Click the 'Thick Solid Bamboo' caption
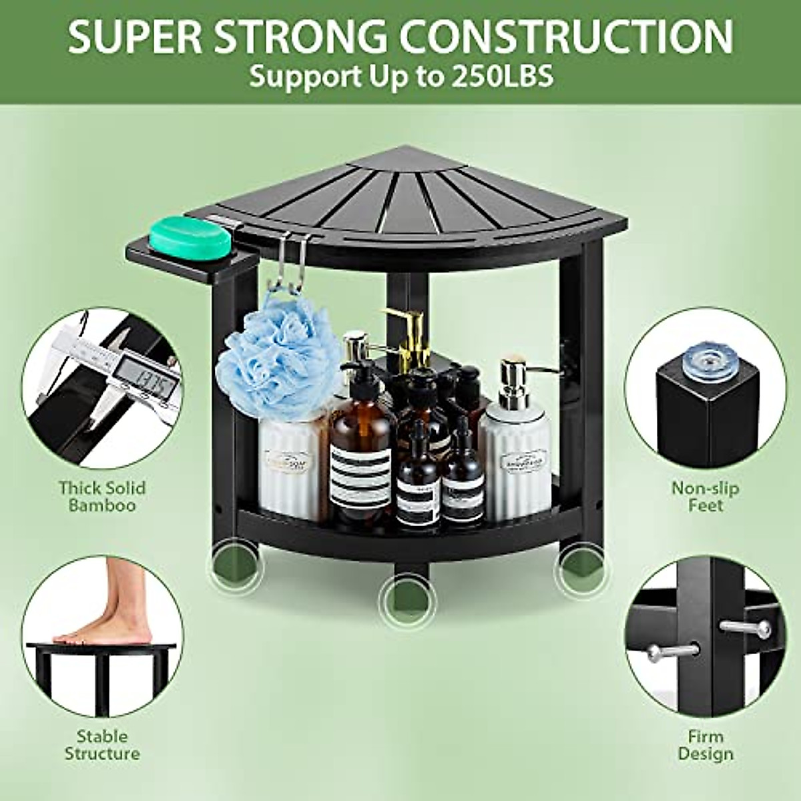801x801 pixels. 102,497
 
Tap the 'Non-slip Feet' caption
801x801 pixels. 705,497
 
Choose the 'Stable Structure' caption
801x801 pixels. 102,745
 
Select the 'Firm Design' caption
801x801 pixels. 705,745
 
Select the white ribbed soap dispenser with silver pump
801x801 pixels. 515,441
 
